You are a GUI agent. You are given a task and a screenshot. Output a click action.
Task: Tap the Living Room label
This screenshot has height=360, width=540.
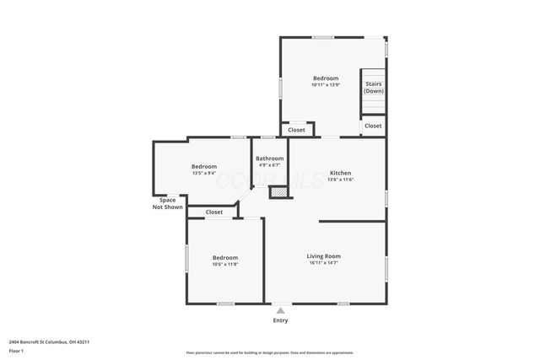point(323,255)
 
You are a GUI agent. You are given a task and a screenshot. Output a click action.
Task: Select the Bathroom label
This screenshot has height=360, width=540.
point(270,159)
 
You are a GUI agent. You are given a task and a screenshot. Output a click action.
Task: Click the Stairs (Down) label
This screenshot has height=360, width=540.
point(373,87)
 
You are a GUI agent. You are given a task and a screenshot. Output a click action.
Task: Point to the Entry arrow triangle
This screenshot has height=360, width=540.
point(280,310)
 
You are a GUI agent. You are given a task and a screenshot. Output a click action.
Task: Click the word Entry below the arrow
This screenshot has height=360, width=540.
point(280,320)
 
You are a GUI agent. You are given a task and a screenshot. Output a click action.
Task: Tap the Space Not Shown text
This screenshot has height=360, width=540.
point(167,203)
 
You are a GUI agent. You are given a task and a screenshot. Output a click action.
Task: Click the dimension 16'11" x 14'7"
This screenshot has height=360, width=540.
point(323,263)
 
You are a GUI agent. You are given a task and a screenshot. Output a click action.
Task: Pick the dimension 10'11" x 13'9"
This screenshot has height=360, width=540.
point(326,85)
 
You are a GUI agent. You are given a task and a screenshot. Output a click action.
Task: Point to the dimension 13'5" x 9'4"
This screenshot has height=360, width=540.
point(203,174)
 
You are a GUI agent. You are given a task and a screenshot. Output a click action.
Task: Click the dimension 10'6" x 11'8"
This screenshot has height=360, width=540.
point(225,265)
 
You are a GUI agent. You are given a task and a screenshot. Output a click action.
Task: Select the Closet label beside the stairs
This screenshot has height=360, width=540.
point(373,126)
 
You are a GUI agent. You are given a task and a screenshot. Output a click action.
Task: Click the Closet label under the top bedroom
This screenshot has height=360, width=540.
point(297,130)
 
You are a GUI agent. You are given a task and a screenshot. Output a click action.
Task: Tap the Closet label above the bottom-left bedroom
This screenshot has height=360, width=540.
point(214,212)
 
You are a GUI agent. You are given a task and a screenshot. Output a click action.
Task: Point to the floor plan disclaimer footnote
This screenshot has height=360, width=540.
point(269,352)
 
